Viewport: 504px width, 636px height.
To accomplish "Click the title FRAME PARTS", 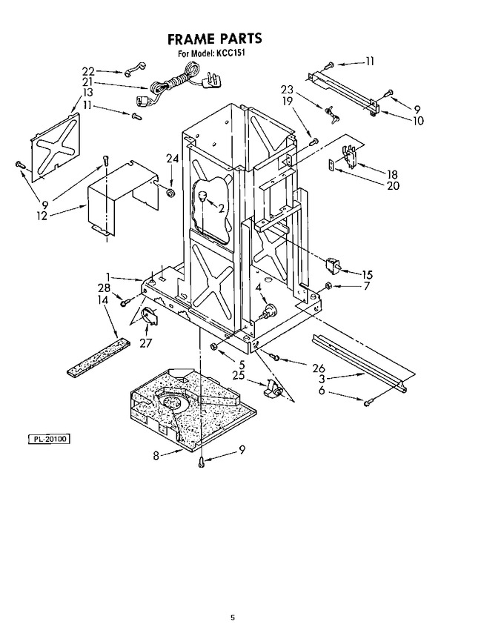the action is (214, 39).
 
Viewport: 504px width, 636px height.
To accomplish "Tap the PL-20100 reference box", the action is (50, 439).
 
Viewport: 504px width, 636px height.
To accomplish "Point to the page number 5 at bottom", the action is (233, 617).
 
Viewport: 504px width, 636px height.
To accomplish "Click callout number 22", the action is (88, 72).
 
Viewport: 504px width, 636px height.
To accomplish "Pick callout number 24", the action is (173, 159).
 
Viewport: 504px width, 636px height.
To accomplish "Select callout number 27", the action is (145, 342).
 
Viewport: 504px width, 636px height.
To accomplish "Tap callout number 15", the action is (367, 274).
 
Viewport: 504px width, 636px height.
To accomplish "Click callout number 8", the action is (156, 455).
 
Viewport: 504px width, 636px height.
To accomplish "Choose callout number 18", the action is (392, 174).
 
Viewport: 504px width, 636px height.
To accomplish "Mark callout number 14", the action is (103, 299).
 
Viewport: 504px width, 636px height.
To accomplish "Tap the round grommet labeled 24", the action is (170, 192).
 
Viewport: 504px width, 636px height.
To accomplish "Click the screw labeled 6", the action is (368, 403).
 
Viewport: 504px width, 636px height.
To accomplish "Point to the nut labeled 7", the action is (329, 285).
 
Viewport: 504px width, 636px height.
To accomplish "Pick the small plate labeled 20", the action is (331, 165).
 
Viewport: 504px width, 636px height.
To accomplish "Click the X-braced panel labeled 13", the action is (56, 148).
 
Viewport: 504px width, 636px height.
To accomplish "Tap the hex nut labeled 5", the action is (213, 346).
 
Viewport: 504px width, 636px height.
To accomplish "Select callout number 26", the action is (319, 368).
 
